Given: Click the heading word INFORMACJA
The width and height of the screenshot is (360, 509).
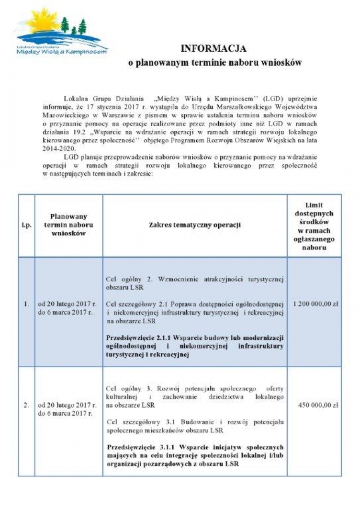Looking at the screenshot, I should (x=213, y=48).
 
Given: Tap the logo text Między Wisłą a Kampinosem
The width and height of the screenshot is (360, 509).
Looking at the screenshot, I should (x=61, y=51).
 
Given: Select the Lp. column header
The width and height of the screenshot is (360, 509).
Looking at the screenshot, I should (x=26, y=225).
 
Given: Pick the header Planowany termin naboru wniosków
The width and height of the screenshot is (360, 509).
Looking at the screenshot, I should (x=68, y=225).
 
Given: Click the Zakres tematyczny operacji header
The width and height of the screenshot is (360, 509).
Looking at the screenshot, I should (x=194, y=225).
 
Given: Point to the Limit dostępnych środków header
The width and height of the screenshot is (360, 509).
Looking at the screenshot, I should (x=314, y=226).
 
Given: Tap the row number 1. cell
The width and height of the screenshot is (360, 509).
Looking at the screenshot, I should (x=26, y=304).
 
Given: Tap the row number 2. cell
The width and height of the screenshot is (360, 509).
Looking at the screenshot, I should (x=26, y=405).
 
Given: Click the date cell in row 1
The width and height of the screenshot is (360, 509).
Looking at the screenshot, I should (x=67, y=308).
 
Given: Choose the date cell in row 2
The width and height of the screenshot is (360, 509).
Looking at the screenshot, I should (x=67, y=409).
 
